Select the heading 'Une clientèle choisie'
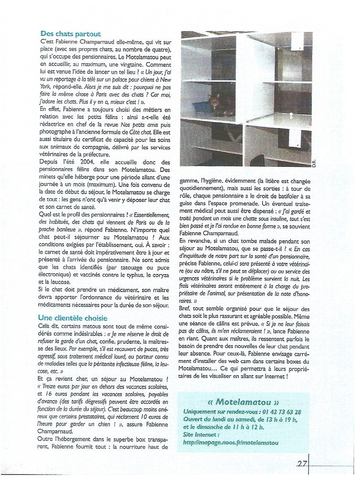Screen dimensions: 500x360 (73, 317)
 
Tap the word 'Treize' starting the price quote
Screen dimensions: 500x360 (52, 385)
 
